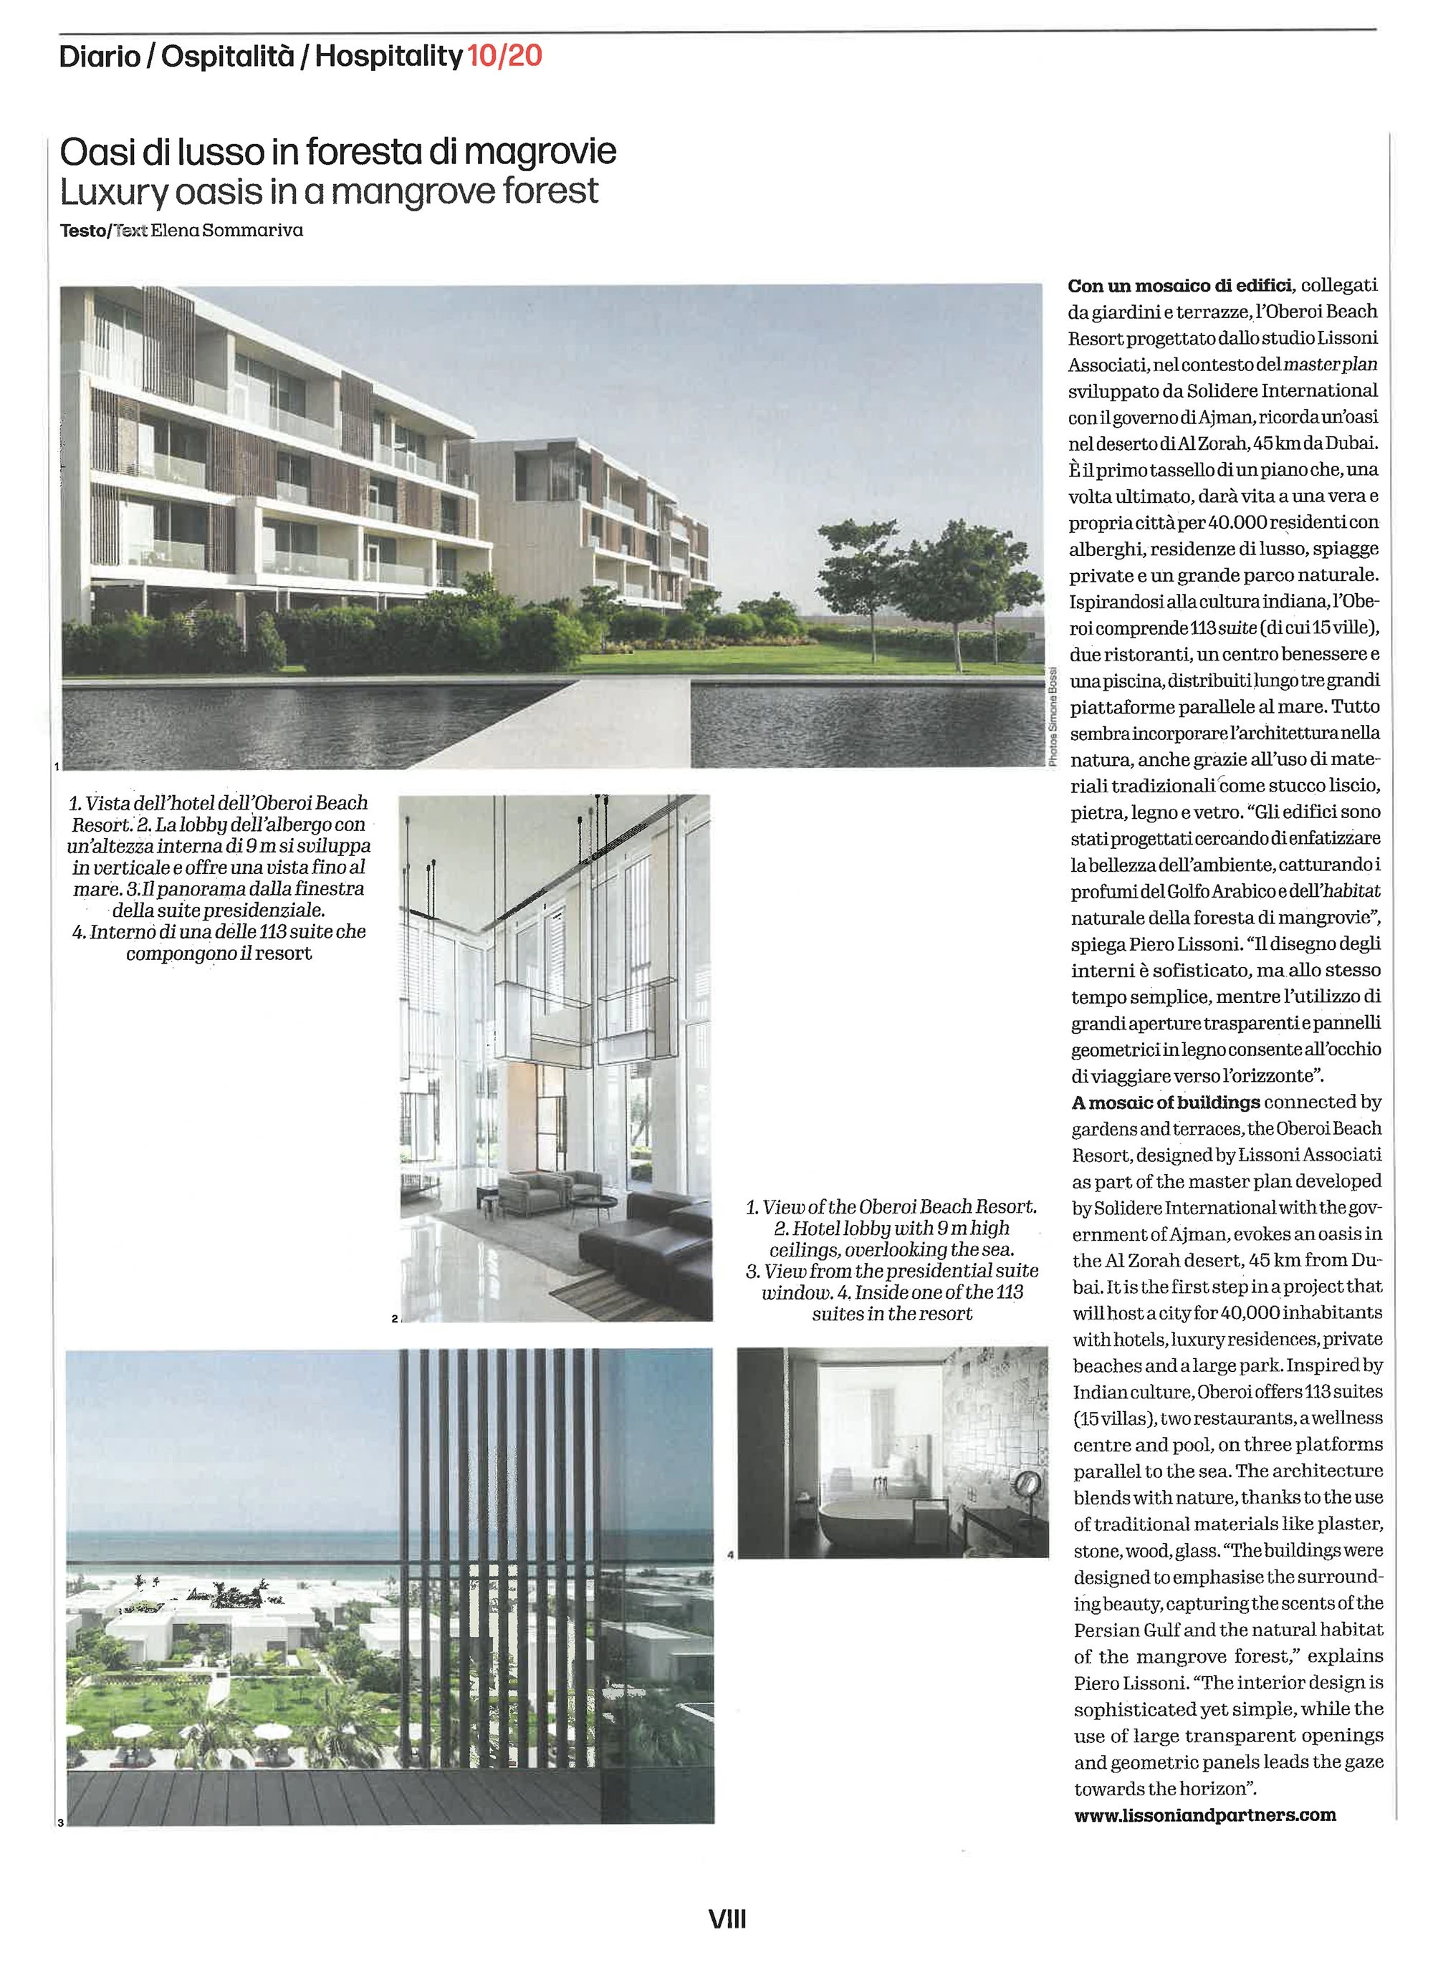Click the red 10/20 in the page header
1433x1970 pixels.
point(504,57)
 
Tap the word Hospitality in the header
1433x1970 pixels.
point(388,57)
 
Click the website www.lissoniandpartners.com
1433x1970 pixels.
point(1204,1815)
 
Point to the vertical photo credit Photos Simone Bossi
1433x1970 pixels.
point(1053,716)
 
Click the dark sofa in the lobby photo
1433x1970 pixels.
point(643,1234)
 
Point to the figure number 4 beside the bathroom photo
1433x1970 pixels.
point(731,1554)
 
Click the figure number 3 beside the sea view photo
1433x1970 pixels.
point(61,1822)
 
